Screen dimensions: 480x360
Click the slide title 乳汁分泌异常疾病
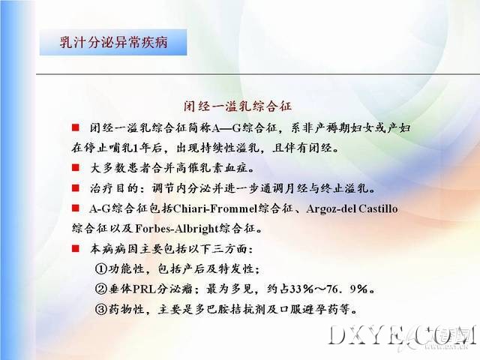coord(113,42)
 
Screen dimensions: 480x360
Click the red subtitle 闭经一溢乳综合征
coord(238,106)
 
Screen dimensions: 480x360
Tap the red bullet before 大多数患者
coord(75,167)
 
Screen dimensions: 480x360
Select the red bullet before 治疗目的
coord(75,187)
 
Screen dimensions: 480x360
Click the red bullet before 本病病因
coord(75,248)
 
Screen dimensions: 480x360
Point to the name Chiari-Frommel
coord(214,208)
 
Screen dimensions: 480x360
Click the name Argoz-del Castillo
coord(352,208)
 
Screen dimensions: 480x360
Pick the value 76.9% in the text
coord(347,289)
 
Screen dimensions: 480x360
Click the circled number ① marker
coord(100,269)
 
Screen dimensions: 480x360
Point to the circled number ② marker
coord(100,289)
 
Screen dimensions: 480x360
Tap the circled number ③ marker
coord(100,310)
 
